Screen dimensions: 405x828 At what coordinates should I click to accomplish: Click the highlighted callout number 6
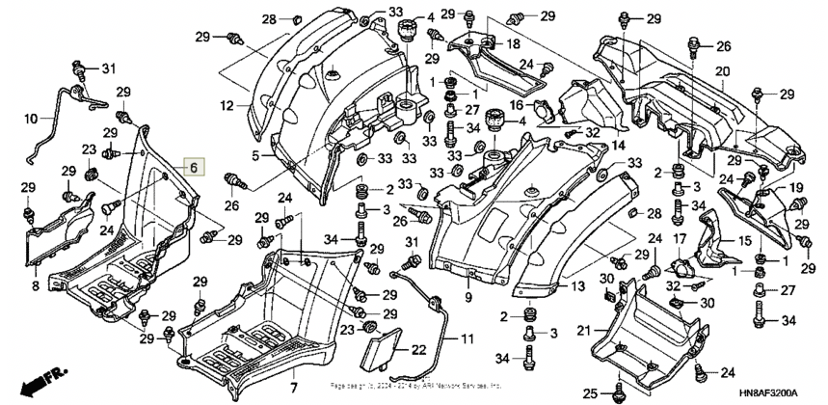point(193,168)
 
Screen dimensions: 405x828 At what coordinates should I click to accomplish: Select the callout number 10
point(32,120)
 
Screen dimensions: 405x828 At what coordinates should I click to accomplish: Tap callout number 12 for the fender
point(227,104)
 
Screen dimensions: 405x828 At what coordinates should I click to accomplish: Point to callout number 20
point(722,72)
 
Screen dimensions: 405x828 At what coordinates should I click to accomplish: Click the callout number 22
point(418,349)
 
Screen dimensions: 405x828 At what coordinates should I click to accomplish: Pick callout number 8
point(35,285)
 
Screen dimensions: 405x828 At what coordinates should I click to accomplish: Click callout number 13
point(578,286)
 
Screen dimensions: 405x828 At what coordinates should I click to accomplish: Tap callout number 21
point(584,331)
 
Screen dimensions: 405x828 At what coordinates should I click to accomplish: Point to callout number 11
point(466,339)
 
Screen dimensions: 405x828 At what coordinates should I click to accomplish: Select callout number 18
point(512,44)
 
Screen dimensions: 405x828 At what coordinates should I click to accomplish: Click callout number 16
point(516,104)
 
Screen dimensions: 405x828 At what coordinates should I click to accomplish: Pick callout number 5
point(255,155)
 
